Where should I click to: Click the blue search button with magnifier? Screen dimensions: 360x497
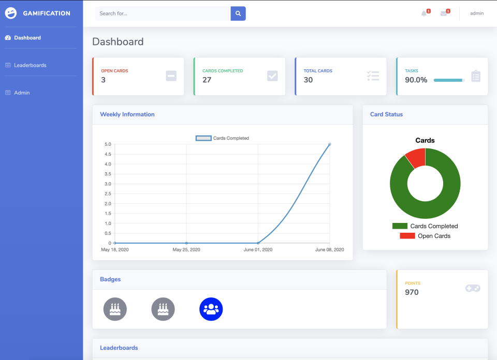click(x=238, y=13)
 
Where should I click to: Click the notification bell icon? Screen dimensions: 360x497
click(x=424, y=13)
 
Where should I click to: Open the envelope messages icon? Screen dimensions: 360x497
click(x=444, y=13)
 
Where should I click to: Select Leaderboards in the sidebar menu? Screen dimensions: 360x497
click(x=30, y=65)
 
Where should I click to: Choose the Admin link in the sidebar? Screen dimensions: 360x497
click(x=22, y=93)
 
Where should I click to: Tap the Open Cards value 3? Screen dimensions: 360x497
click(x=104, y=80)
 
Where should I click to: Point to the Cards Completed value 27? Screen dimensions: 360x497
click(x=207, y=80)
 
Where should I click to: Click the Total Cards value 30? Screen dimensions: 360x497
click(x=308, y=80)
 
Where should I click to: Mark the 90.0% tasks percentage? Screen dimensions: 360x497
click(x=416, y=80)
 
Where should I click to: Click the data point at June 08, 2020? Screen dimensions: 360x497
click(x=330, y=144)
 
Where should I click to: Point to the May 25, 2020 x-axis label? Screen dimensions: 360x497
click(x=186, y=250)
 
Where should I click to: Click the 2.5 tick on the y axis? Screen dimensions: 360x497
click(x=108, y=193)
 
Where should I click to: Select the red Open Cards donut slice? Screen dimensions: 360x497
click(x=416, y=157)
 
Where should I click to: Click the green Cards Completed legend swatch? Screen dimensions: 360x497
click(x=400, y=226)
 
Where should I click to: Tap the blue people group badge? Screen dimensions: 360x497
click(x=211, y=309)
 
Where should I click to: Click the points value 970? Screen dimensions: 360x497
click(x=412, y=292)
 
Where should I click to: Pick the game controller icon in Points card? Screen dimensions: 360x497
click(x=473, y=288)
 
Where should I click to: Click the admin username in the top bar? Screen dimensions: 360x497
click(x=477, y=13)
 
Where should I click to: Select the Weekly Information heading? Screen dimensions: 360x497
click(x=127, y=114)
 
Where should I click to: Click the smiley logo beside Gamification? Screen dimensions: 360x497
click(x=11, y=13)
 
